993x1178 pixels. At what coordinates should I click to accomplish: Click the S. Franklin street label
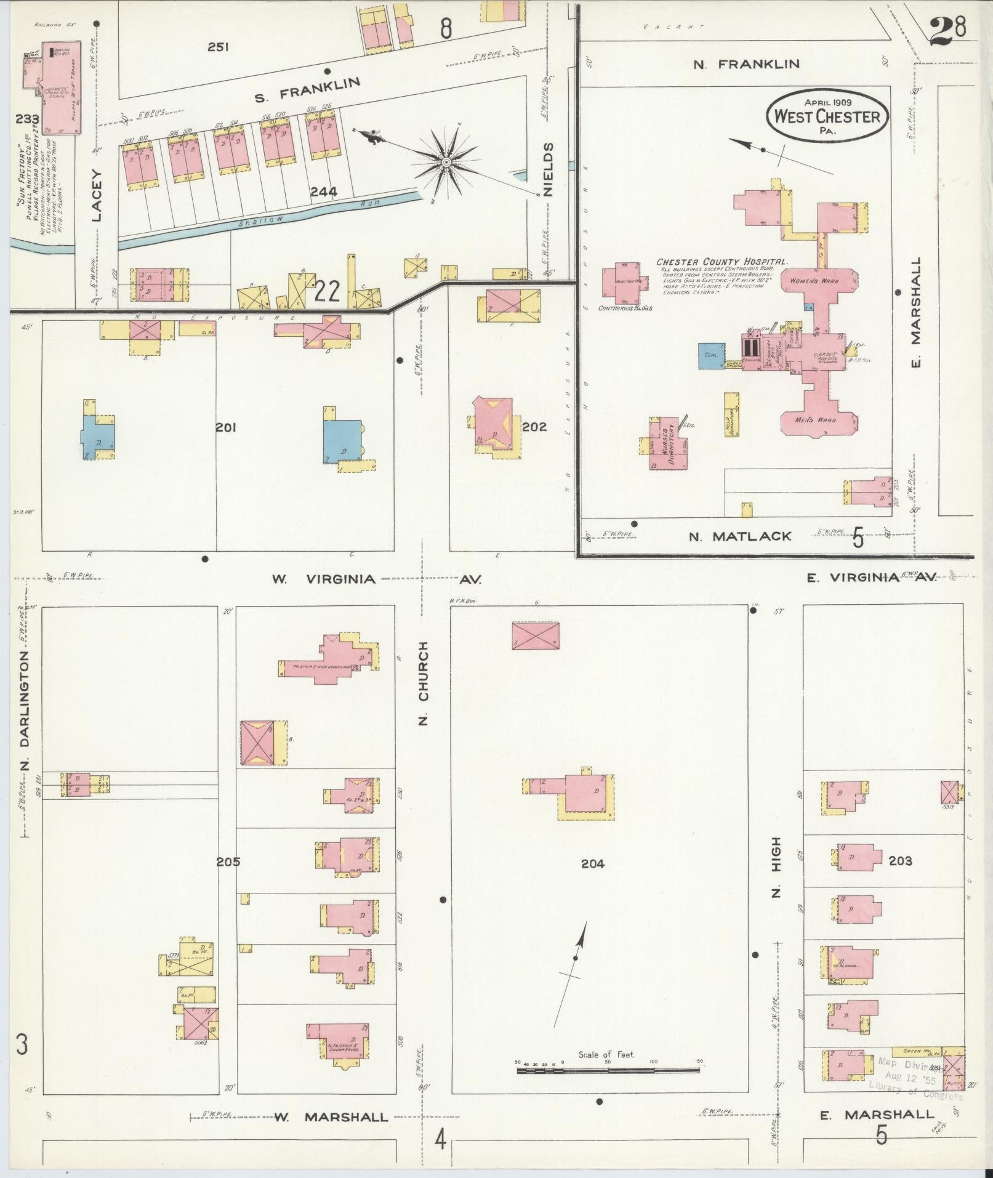307,88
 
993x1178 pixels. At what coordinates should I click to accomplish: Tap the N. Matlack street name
739,536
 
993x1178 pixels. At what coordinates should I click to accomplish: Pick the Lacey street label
97,195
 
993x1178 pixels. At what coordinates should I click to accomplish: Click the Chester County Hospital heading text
722,262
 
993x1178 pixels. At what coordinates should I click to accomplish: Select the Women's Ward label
819,281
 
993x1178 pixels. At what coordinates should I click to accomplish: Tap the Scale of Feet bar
608,1071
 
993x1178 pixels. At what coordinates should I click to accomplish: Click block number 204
592,864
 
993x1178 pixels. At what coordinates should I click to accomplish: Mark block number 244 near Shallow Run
323,192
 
